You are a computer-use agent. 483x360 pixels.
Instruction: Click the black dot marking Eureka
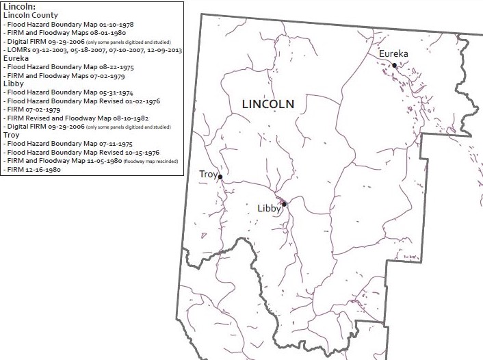coord(395,65)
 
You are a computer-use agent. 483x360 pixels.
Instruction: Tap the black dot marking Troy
coord(220,177)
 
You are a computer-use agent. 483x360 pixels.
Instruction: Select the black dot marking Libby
coord(284,203)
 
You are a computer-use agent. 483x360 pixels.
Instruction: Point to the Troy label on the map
coord(208,175)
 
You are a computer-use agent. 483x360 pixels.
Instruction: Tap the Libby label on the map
coord(269,208)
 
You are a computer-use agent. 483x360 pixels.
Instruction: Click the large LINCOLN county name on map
coord(268,104)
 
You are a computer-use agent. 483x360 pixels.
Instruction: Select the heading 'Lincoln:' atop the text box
coord(19,6)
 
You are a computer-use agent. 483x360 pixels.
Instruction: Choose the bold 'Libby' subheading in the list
coord(14,83)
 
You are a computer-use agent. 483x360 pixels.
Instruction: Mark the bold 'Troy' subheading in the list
coord(12,136)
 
